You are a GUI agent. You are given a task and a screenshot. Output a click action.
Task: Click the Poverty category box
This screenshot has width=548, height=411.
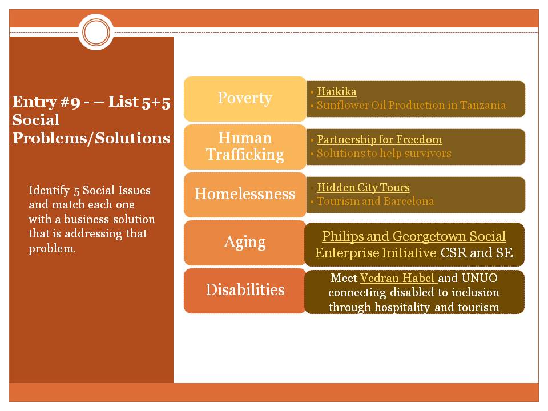pyautogui.click(x=245, y=98)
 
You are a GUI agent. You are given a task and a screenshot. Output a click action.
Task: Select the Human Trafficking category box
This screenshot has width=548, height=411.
pyautogui.click(x=245, y=146)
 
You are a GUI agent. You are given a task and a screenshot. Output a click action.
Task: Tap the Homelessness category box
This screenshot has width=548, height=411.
pyautogui.click(x=245, y=194)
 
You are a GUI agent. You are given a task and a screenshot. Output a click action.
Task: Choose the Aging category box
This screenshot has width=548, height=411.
pyautogui.click(x=245, y=242)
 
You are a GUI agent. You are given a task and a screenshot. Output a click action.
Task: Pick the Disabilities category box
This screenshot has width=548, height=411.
pyautogui.click(x=245, y=290)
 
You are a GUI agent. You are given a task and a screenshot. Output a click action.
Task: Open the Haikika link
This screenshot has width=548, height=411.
pyautogui.click(x=337, y=91)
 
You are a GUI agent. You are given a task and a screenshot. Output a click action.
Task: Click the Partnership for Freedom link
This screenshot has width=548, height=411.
pyautogui.click(x=380, y=139)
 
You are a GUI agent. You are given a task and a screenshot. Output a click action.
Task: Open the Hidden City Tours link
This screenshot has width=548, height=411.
pyautogui.click(x=363, y=187)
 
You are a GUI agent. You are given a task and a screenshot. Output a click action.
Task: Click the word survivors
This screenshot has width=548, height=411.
pyautogui.click(x=424, y=153)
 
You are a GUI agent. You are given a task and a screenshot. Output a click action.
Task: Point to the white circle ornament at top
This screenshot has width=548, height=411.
pyautogui.click(x=97, y=31)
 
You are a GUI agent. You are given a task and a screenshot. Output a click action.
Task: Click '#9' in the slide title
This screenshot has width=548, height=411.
pyautogui.click(x=65, y=102)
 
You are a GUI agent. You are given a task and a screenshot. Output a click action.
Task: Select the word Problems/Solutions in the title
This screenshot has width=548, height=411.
pyautogui.click(x=91, y=138)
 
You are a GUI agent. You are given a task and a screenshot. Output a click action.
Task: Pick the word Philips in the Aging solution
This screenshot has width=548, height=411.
pyautogui.click(x=343, y=236)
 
